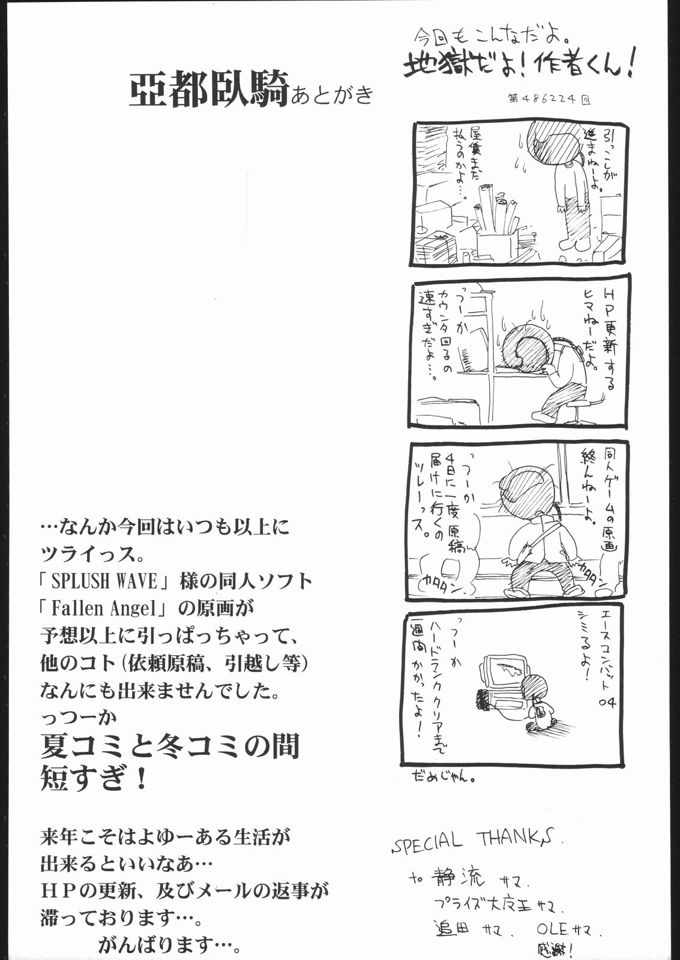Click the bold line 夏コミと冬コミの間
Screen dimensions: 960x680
pyautogui.click(x=169, y=748)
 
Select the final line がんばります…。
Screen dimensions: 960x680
pyautogui.click(x=170, y=946)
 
